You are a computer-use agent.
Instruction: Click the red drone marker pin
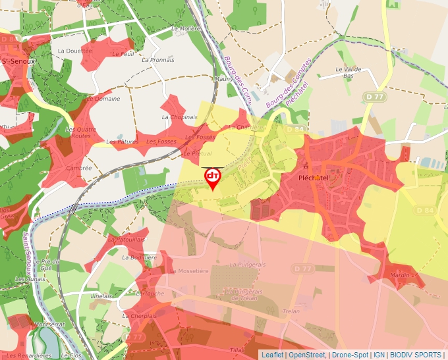[x=213, y=178]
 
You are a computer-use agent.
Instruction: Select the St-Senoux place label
[x=18, y=61]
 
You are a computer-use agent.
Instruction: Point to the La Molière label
[x=185, y=29]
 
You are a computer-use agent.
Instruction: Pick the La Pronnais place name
[x=158, y=60]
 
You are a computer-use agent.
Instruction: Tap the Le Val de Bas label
[x=349, y=72]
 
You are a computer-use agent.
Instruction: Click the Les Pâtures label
[x=122, y=141]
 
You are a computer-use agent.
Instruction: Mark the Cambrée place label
[x=79, y=168]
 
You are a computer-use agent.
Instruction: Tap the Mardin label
[x=399, y=274]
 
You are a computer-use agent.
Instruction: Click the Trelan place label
[x=291, y=311]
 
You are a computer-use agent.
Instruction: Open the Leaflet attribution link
[x=272, y=355]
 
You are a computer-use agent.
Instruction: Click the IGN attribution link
[x=379, y=355]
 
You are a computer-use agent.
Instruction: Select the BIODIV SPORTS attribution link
[x=416, y=355]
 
